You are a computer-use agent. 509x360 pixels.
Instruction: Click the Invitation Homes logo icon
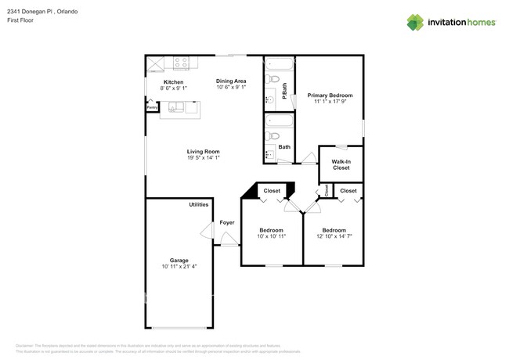pyautogui.click(x=416, y=22)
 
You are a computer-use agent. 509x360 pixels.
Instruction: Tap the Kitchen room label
pyautogui.click(x=173, y=82)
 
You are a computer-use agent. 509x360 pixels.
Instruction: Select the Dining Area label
pyautogui.click(x=231, y=81)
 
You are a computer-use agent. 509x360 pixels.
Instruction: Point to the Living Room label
pyautogui.click(x=203, y=151)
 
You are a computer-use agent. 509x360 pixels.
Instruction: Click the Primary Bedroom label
pyautogui.click(x=329, y=95)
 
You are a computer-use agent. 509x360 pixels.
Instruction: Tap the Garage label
pyautogui.click(x=179, y=261)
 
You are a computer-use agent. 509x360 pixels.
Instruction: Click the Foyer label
pyautogui.click(x=227, y=222)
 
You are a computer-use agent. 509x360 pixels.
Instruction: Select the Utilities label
pyautogui.click(x=199, y=204)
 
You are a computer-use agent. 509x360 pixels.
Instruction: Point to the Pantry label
pyautogui.click(x=152, y=107)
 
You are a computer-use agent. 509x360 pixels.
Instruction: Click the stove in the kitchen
pyautogui.click(x=181, y=62)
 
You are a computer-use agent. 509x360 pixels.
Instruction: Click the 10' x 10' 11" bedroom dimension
pyautogui.click(x=271, y=236)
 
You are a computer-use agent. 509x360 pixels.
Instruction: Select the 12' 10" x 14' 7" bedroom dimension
pyautogui.click(x=334, y=236)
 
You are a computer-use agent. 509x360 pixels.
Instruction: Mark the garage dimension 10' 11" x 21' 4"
pyautogui.click(x=179, y=267)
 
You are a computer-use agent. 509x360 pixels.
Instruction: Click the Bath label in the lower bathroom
pyautogui.click(x=284, y=146)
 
